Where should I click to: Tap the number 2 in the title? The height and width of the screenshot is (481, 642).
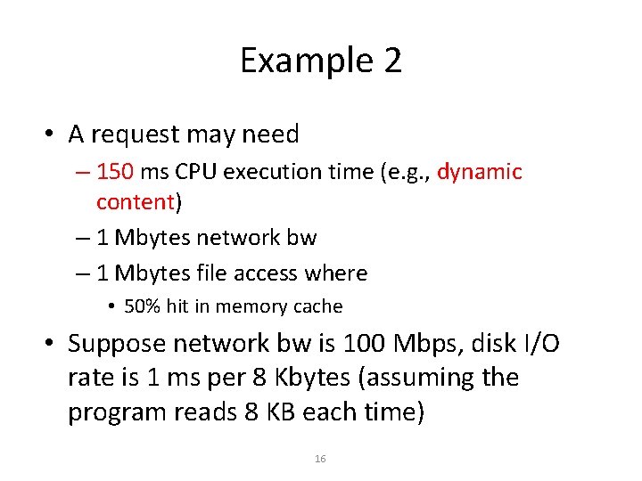(392, 61)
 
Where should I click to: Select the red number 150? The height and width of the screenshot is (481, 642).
(115, 171)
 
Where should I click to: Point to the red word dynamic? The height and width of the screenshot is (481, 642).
(479, 171)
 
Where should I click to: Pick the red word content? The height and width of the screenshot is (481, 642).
(135, 202)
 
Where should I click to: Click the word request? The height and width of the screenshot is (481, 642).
(130, 135)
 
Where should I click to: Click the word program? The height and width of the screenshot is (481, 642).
(121, 412)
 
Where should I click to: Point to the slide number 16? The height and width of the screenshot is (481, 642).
(321, 459)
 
